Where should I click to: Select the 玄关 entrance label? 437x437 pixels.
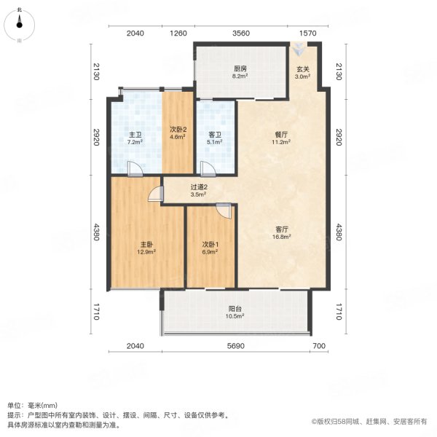point(302,70)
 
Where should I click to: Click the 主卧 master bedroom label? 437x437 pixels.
point(146,244)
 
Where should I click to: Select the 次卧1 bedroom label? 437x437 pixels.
point(210,244)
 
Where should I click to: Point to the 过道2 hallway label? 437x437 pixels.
point(199,186)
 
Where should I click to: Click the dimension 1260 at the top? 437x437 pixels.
point(179,34)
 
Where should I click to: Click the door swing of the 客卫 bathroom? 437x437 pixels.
point(208,169)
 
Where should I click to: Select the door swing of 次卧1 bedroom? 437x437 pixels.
point(224,210)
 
